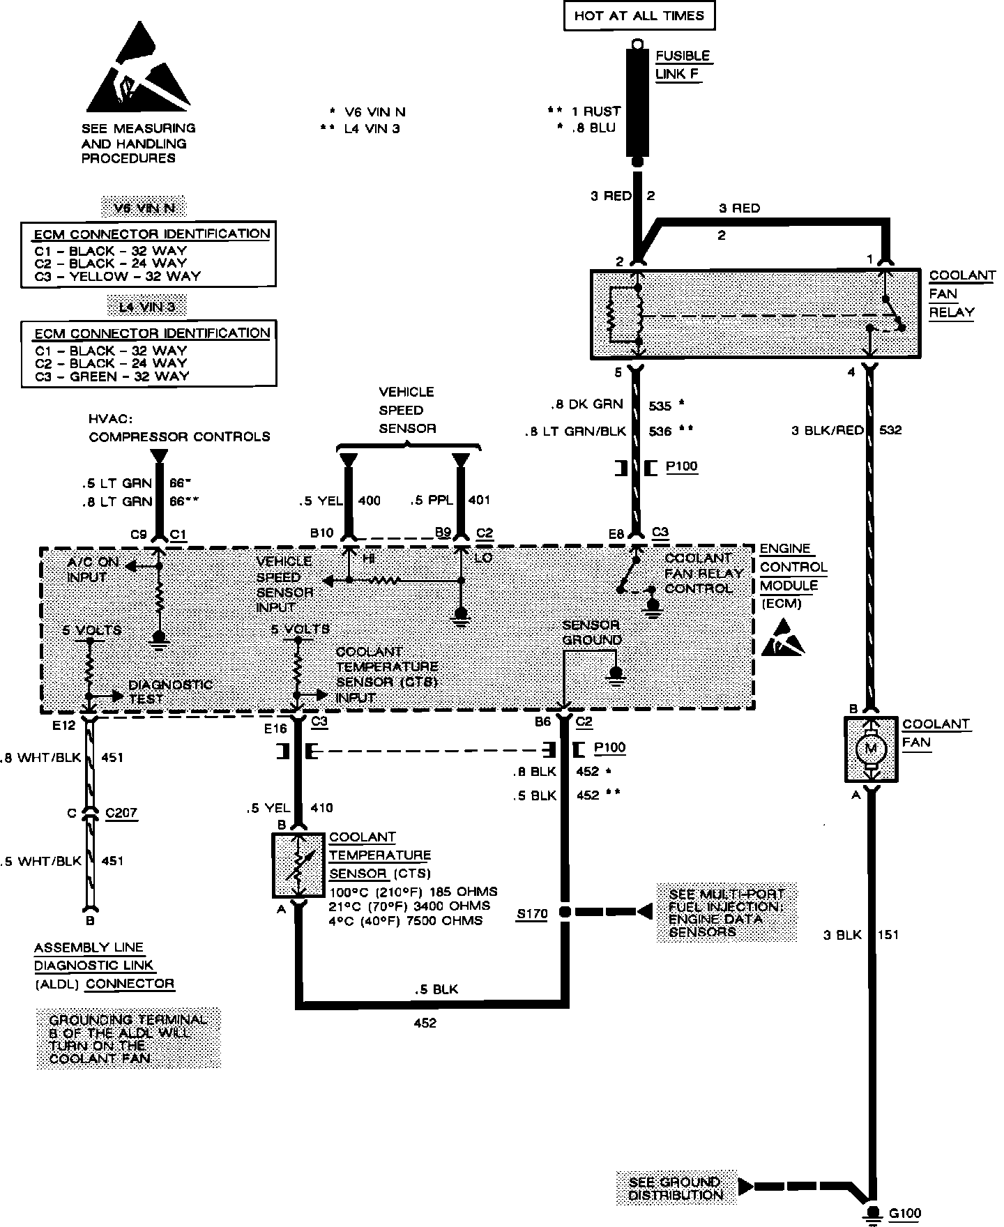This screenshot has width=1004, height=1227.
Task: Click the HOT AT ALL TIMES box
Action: (639, 16)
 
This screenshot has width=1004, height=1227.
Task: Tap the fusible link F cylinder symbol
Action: (636, 101)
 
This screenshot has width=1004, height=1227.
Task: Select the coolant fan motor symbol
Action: (870, 749)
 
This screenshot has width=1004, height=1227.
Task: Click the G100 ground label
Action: (905, 1214)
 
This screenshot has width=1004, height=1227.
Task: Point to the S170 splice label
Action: (531, 914)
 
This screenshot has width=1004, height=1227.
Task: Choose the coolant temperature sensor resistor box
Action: (298, 864)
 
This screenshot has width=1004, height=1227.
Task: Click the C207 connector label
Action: (121, 813)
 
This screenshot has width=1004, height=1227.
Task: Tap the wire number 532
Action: (890, 430)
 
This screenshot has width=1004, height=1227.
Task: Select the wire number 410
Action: (321, 808)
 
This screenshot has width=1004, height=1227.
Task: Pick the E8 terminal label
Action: (616, 534)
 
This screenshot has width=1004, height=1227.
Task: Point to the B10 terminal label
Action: (322, 533)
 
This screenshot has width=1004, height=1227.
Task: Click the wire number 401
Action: (479, 500)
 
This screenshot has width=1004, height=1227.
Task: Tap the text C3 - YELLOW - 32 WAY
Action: (117, 276)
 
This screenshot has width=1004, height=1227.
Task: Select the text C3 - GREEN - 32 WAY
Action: (112, 376)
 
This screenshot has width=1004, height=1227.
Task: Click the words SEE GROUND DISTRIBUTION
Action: (675, 1189)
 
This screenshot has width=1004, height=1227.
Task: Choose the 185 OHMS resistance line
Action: (413, 892)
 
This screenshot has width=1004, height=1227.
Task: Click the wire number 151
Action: (888, 935)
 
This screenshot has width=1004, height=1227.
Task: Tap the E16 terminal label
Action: (275, 729)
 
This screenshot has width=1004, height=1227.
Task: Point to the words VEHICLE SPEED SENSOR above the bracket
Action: (406, 410)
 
